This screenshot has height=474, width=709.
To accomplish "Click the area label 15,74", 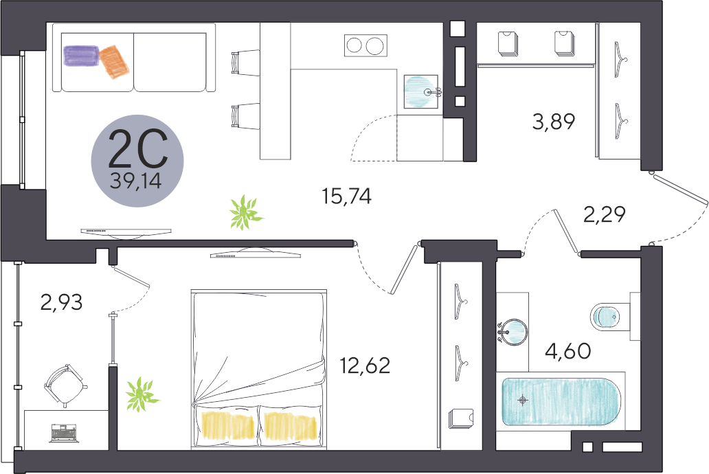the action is tap(346, 196).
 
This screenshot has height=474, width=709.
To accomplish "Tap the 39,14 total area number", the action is tap(135, 181).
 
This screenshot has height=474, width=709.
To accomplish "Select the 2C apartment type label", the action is tap(138, 148).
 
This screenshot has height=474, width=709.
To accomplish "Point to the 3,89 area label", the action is tap(554, 122).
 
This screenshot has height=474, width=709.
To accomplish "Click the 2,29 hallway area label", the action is tap(605, 214).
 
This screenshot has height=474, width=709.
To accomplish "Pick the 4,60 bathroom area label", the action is tap(568, 351).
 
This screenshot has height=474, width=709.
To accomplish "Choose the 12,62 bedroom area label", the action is tap(365, 365).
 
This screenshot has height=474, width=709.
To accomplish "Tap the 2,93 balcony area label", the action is tap(62, 302).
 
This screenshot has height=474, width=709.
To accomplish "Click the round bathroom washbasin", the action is tap(514, 332).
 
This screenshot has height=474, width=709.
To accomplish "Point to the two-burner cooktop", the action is tap(365, 45).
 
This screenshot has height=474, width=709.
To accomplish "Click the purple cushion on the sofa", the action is tap(81, 56).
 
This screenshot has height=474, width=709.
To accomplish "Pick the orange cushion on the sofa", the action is tap(114, 62).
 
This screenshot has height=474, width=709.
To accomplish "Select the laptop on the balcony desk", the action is tap(64, 433).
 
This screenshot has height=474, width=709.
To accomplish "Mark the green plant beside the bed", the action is tap(142, 395).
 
